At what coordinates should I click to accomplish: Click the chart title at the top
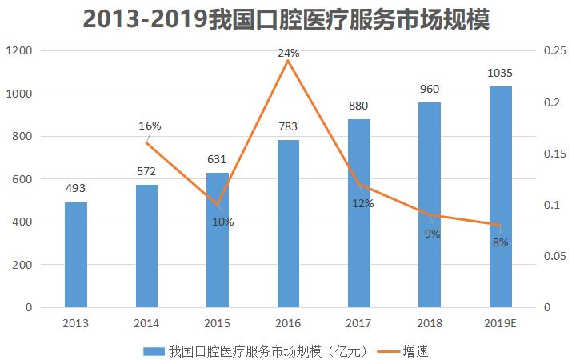286,18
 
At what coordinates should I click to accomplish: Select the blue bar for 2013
76,254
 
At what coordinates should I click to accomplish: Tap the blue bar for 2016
288,224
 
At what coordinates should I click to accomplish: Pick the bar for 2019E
501,197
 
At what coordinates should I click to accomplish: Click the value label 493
76,189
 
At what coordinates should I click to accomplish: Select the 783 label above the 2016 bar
288,126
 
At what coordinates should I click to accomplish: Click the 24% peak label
288,53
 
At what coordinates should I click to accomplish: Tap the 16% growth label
150,126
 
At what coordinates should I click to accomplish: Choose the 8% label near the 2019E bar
501,242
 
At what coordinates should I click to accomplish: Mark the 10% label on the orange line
223,222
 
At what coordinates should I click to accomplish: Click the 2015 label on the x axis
218,322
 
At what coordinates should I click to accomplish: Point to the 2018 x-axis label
430,322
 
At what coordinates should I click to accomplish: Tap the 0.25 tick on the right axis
553,51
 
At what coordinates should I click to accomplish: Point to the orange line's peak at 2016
288,61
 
